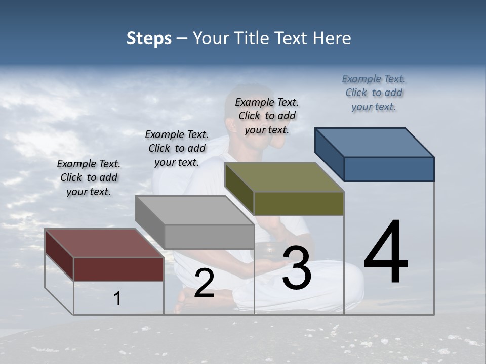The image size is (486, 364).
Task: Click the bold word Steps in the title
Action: (149, 38)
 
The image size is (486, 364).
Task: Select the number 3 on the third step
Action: (297, 268)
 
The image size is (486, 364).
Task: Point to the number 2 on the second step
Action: (204, 284)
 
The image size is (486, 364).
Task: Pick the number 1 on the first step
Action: (117, 299)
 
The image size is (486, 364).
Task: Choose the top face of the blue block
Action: (375, 143)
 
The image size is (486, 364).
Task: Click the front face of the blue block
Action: (389, 169)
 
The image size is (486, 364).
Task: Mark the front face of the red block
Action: (118, 269)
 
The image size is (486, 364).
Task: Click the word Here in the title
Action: (331, 38)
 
